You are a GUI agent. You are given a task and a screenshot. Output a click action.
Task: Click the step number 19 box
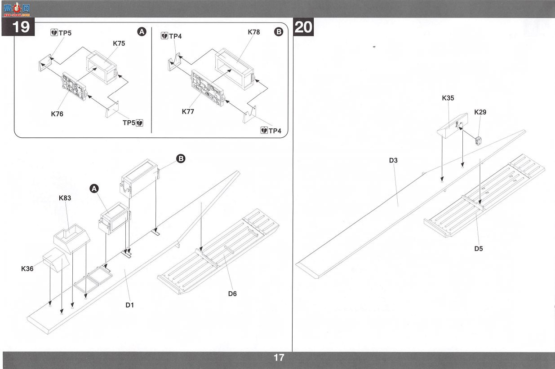point(18,27)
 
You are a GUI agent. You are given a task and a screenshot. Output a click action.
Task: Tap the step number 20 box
point(303,27)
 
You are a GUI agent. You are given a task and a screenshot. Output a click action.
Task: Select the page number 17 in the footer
point(279,358)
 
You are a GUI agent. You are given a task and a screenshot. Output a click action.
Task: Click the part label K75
point(119,43)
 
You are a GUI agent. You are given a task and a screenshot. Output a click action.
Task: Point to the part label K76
point(57,114)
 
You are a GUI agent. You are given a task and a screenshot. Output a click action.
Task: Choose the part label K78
point(254,32)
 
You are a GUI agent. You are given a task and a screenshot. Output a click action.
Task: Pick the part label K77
point(188,111)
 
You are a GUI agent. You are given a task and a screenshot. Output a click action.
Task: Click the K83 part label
point(65,198)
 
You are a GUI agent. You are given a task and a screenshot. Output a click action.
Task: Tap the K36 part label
point(27,268)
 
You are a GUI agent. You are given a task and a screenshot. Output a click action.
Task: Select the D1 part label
point(129,305)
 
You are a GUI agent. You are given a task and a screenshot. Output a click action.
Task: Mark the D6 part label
point(232,294)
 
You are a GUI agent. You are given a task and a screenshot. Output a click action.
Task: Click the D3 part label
point(393,160)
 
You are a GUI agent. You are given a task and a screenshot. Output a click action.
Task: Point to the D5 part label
point(479,249)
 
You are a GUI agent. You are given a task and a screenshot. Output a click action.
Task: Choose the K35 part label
point(448,98)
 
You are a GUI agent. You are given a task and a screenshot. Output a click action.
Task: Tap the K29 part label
point(480,112)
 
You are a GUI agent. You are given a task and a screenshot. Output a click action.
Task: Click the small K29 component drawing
point(479,141)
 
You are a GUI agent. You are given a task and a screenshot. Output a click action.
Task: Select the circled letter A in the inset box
point(142,32)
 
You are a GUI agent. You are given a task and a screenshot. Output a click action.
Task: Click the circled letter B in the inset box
point(279,32)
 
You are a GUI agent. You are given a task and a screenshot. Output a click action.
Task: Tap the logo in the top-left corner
point(17,9)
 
